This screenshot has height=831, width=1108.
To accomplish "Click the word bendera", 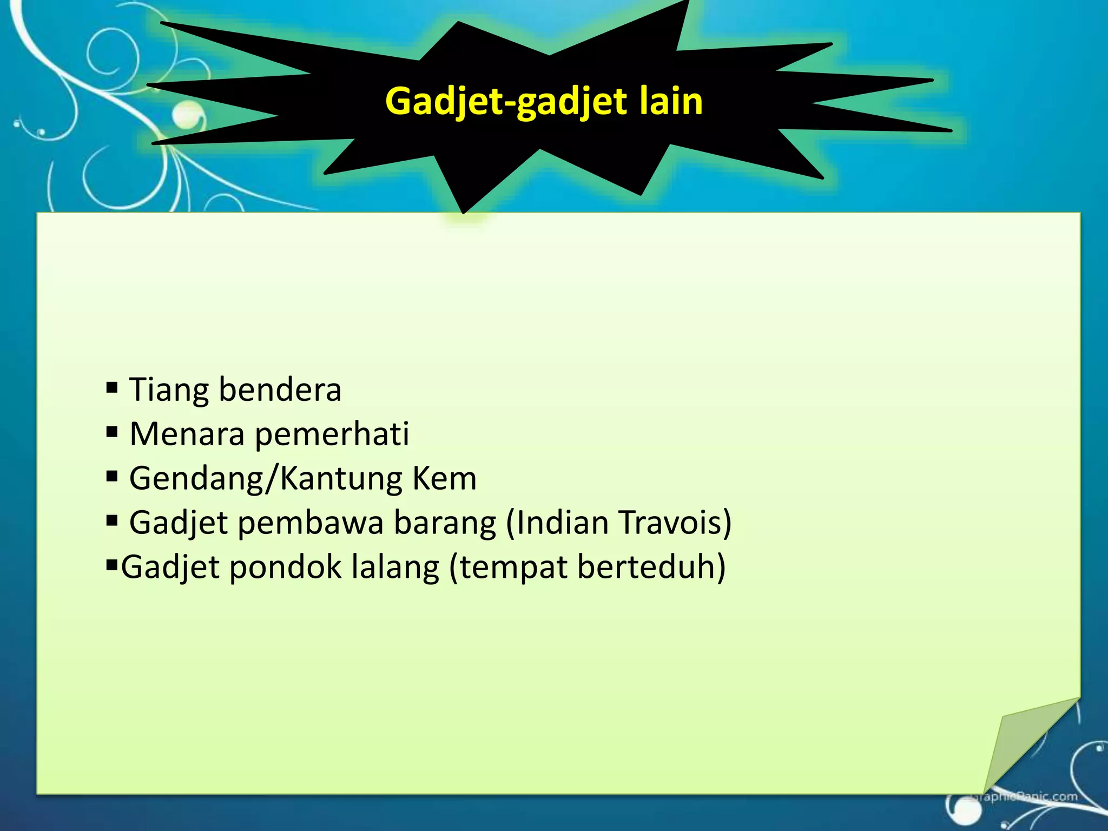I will point(280,390).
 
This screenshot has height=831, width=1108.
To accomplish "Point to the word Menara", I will point(187,434).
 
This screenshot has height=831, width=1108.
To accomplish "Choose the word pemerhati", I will point(332,434).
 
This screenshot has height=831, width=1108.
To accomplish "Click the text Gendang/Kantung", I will point(265,479).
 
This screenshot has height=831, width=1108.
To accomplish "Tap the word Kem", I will point(444,479).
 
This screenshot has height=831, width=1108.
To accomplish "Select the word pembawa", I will point(311,524).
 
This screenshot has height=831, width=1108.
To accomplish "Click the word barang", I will point(445,524).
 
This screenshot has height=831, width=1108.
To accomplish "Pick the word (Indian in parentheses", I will point(557,523).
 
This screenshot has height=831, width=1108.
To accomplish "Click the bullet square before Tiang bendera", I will point(112,387).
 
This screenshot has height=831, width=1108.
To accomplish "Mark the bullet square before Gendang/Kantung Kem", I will point(112,477).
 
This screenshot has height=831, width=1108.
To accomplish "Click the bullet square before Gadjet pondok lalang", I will point(111,566).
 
